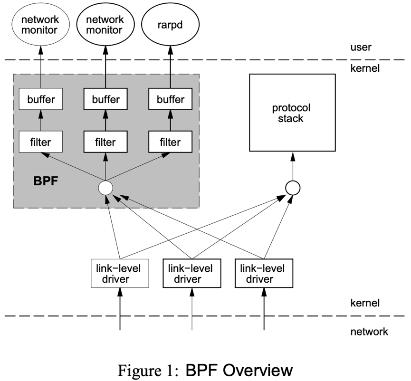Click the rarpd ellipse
point(171,25)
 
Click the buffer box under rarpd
point(171,100)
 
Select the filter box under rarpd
point(171,142)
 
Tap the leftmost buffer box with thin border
point(40,100)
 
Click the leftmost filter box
point(40,142)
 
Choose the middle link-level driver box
point(192,273)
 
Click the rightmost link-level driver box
point(264,273)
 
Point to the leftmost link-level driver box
point(119,273)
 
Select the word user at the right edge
point(360,48)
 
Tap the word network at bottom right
point(369,331)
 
